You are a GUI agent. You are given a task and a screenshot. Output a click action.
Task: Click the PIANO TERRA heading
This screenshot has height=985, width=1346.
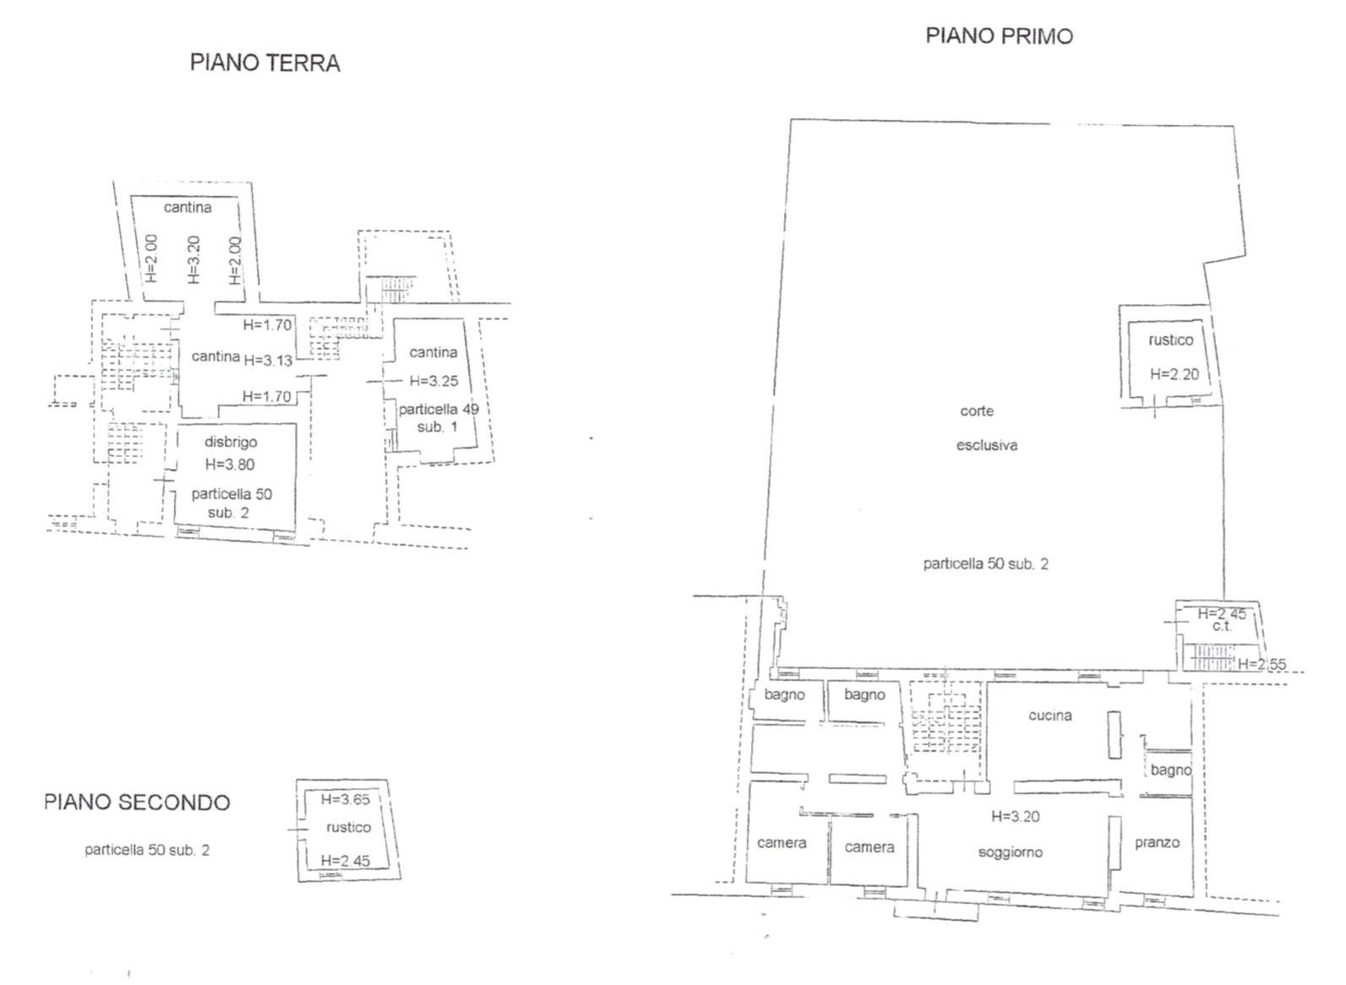pyautogui.click(x=265, y=63)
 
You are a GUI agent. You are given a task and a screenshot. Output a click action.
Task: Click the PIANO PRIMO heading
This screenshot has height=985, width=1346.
pyautogui.click(x=1000, y=36)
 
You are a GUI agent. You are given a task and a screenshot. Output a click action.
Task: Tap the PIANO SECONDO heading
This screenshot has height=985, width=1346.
pyautogui.click(x=138, y=803)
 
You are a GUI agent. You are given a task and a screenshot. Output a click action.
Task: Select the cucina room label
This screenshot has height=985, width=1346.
pyautogui.click(x=1049, y=716)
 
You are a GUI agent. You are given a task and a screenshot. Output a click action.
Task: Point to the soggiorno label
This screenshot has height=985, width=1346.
pyautogui.click(x=1010, y=853)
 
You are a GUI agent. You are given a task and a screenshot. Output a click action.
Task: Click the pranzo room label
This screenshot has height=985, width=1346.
pyautogui.click(x=1157, y=843)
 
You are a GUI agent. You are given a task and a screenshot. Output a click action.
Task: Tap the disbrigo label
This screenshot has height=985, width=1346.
pyautogui.click(x=231, y=442)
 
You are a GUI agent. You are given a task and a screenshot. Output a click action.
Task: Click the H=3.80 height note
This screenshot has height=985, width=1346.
pyautogui.click(x=230, y=465)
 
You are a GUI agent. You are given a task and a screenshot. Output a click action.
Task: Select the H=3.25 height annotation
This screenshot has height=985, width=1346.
pyautogui.click(x=433, y=381)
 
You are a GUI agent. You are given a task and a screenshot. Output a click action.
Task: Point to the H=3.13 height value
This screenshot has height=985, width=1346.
pyautogui.click(x=268, y=361)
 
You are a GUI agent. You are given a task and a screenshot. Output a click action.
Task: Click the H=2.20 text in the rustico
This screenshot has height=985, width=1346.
pyautogui.click(x=1174, y=374)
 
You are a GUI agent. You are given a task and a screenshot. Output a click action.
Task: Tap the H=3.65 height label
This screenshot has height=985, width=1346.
pyautogui.click(x=345, y=799)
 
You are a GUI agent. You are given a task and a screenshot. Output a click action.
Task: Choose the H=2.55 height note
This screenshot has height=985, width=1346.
pyautogui.click(x=1262, y=664)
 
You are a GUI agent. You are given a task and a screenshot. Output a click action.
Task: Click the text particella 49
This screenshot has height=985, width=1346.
pyautogui.click(x=439, y=410)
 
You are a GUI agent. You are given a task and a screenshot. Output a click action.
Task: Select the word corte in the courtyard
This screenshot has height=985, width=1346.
pyautogui.click(x=977, y=411)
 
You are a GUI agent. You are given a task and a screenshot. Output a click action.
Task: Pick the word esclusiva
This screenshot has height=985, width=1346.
pyautogui.click(x=987, y=446)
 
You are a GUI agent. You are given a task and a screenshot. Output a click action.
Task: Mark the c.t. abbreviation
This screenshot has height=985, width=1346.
pyautogui.click(x=1223, y=626)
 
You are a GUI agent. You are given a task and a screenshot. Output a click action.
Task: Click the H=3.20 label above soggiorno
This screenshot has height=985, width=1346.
pyautogui.click(x=1015, y=816)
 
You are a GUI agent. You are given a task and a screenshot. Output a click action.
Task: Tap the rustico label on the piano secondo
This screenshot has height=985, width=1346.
pyautogui.click(x=348, y=828)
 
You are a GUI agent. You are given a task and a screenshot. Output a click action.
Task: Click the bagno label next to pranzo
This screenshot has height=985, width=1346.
pyautogui.click(x=1171, y=770)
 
